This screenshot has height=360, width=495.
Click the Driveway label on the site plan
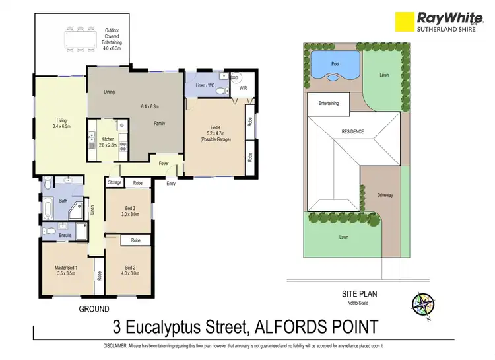coord(385,195)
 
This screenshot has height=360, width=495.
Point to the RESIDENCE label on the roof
coord(352,132)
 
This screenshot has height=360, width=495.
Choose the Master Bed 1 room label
coord(67,270)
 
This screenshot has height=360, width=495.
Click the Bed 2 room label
coord(129,270)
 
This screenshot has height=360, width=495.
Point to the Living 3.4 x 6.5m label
coord(62,123)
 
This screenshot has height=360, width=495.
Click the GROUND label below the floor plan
coord(94,308)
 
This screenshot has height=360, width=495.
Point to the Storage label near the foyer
coord(115,182)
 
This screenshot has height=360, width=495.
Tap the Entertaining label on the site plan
coord(329,104)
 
